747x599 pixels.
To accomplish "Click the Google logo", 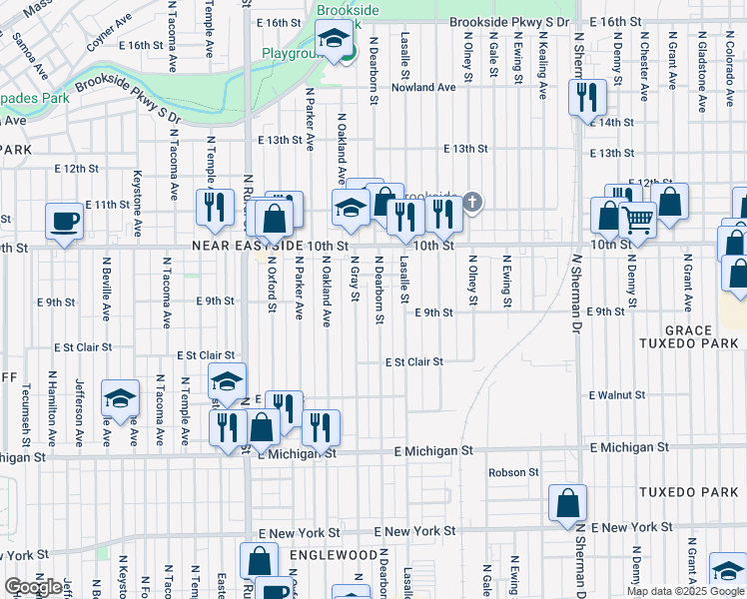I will (x=33, y=587).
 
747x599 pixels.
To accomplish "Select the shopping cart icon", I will (x=637, y=219).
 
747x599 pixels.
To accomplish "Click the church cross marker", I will (x=472, y=204).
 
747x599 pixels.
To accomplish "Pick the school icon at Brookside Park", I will (x=334, y=40).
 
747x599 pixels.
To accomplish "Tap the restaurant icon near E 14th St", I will (x=585, y=97).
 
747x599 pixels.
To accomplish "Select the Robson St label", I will (x=513, y=472).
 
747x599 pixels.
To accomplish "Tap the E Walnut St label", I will (x=616, y=395).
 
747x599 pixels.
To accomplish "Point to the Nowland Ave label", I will (x=422, y=87).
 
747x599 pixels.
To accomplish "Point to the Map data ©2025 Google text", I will (x=685, y=591).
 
